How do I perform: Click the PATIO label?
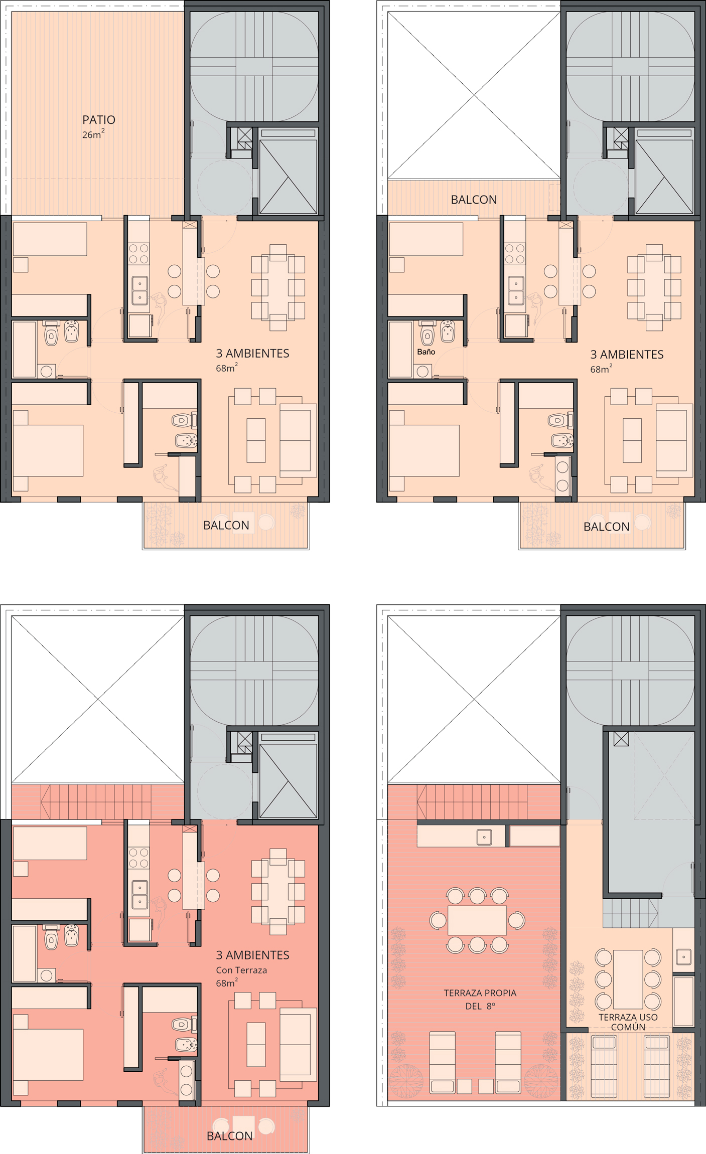99,120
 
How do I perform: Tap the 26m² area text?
93,134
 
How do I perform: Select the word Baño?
426,352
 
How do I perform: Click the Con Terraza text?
241,970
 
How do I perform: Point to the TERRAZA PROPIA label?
480,993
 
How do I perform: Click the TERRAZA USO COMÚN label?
628,1022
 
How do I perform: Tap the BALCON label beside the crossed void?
474,200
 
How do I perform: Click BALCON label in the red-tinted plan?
229,1136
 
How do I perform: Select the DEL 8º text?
480,1006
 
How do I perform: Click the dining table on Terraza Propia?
477,920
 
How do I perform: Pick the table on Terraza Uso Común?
628,979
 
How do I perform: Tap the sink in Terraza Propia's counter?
484,837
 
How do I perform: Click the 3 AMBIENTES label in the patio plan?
252,353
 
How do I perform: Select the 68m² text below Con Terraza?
227,983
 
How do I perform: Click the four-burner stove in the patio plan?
139,254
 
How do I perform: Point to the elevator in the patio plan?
288,176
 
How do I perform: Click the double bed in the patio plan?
48,450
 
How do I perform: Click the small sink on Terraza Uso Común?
683,956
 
